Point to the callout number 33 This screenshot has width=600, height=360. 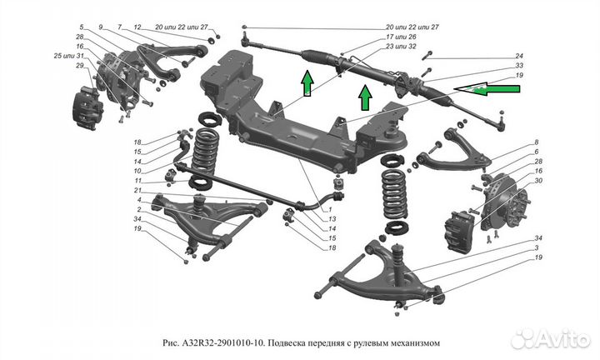point(518,66)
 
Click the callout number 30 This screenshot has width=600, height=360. point(539,181)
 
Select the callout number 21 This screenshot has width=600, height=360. point(137,190)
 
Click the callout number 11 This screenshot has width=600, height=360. point(137,181)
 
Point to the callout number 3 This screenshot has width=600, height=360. point(539,249)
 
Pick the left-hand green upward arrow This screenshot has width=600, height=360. point(307,83)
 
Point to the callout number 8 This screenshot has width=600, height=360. point(536,142)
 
